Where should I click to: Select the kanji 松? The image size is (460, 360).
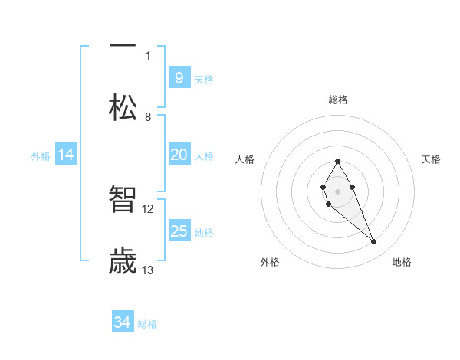123,106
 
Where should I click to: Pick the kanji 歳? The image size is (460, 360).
123,261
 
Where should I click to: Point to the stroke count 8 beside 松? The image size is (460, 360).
148,117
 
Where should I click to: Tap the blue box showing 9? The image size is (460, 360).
179,77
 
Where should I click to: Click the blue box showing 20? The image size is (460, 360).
179,155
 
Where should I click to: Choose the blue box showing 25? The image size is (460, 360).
179,231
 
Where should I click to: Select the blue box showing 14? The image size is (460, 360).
66,155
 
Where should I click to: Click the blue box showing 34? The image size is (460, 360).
123,322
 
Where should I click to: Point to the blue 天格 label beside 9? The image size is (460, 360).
204,80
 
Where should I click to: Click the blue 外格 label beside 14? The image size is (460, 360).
41,156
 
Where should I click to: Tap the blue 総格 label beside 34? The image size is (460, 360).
147,324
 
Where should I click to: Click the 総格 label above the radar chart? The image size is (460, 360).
338,100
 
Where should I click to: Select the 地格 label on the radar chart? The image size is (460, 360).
402,262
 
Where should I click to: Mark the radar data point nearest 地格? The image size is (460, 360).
373,242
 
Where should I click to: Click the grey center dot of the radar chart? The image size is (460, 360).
337,190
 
